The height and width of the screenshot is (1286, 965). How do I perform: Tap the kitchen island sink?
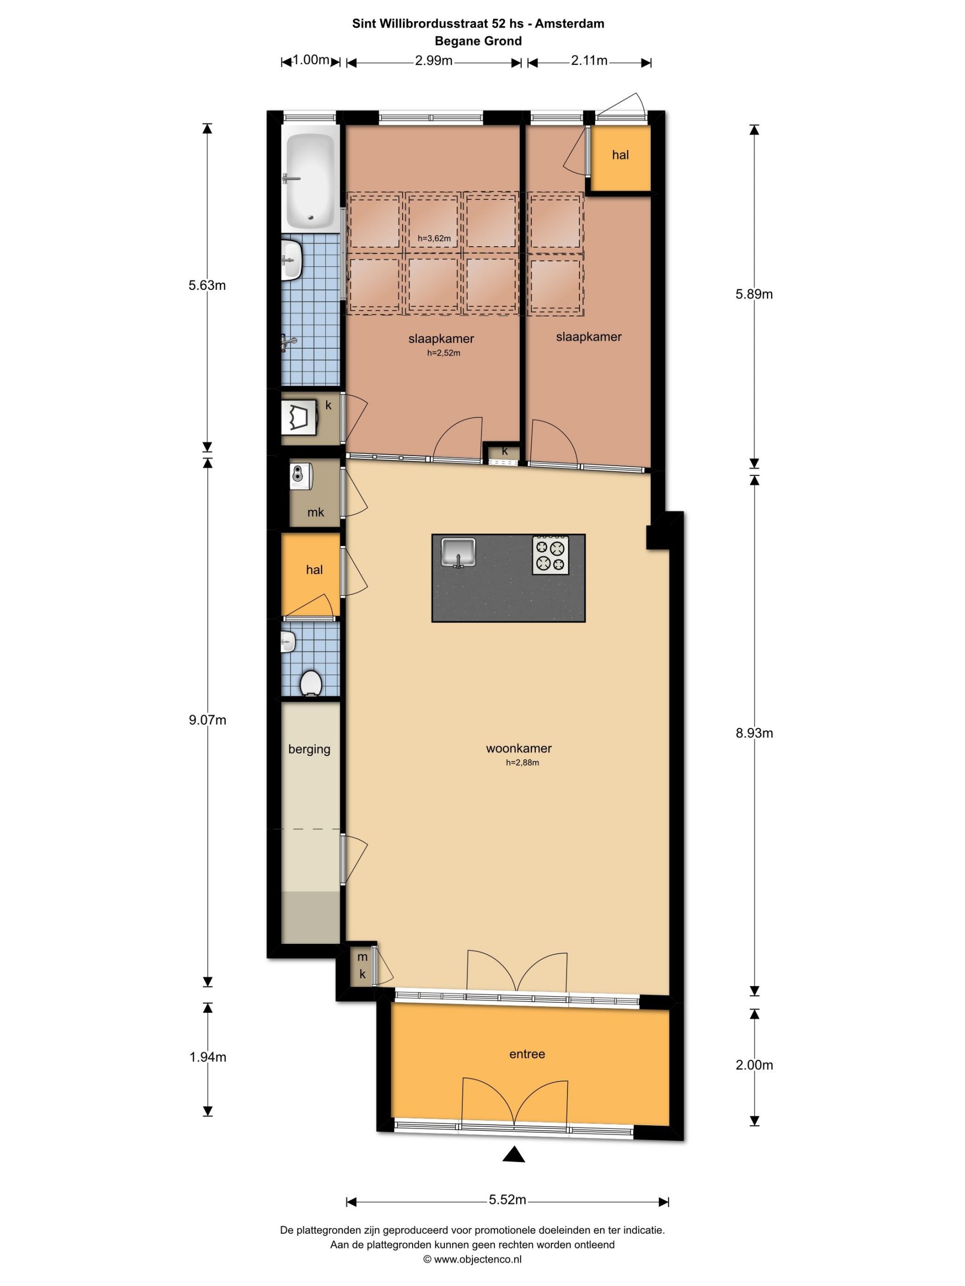click(x=458, y=551)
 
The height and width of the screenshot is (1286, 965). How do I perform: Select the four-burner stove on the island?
click(x=550, y=554)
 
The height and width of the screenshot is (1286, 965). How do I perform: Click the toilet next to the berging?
click(x=311, y=682)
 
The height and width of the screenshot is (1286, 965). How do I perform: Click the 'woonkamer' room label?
click(x=519, y=748)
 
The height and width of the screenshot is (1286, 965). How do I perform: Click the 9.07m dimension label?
click(x=207, y=720)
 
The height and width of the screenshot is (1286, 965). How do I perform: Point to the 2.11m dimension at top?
click(x=589, y=60)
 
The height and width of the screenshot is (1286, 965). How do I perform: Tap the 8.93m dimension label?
click(x=754, y=732)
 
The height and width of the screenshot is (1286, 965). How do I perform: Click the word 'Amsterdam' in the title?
click(x=569, y=24)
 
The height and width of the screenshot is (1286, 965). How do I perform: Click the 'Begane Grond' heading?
click(x=478, y=41)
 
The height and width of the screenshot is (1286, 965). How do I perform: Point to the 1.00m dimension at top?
click(x=311, y=60)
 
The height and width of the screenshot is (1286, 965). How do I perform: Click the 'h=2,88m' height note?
click(x=522, y=763)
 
